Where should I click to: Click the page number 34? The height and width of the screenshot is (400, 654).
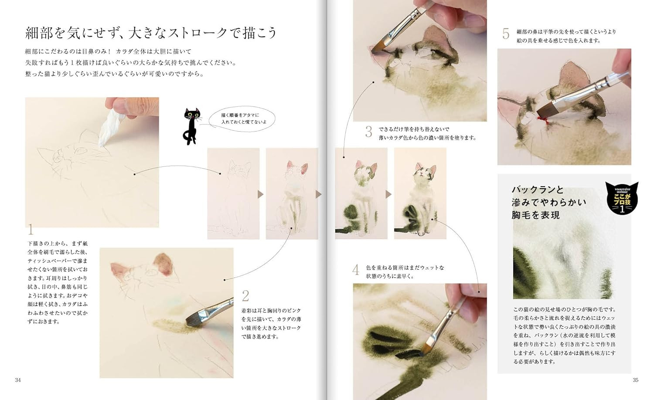[x=18, y=380]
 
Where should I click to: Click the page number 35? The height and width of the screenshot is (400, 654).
[x=635, y=380]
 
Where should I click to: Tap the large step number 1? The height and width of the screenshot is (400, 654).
[x=31, y=229]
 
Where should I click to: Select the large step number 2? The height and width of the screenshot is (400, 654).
[x=245, y=296]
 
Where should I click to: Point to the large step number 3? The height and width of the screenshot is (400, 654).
[x=369, y=132]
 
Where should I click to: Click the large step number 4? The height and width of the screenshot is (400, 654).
[x=356, y=270]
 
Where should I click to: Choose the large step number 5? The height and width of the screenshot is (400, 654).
[x=506, y=34]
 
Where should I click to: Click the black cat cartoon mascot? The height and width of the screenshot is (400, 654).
[x=191, y=125]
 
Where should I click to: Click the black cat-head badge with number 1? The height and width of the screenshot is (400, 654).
[x=622, y=199]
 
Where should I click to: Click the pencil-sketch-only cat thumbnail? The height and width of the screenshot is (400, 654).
[x=233, y=193]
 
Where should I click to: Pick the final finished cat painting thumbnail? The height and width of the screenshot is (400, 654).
[x=420, y=193]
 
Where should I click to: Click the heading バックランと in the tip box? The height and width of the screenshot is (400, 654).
[x=537, y=190]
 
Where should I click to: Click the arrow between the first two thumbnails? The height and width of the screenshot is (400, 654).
[x=261, y=194]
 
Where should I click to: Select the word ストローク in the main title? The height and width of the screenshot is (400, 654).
[x=189, y=33]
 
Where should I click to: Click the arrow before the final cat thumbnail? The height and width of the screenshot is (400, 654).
[x=388, y=194]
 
